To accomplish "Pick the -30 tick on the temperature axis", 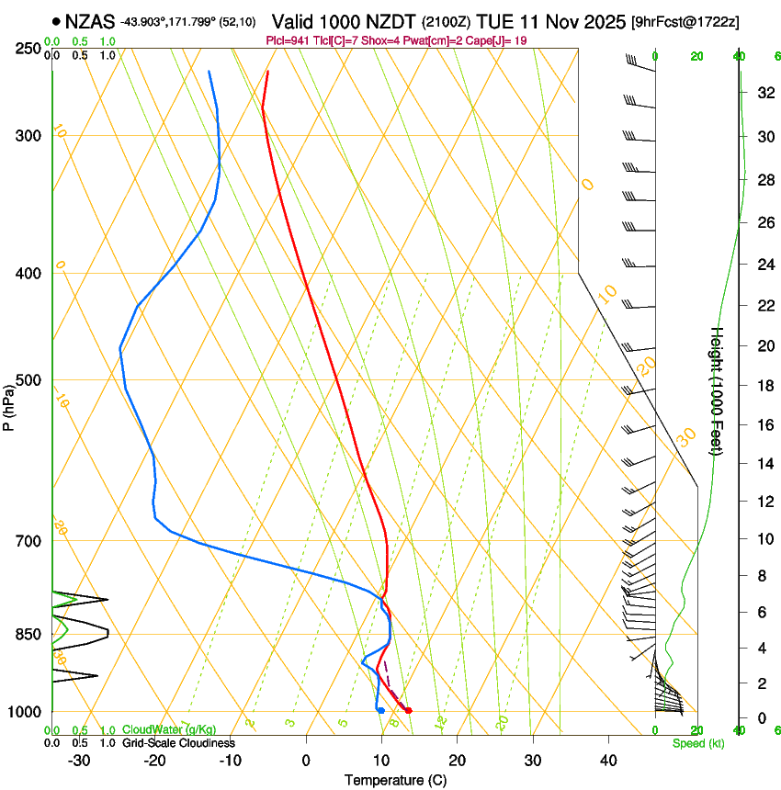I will coord(78,761).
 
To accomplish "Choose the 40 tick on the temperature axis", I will coord(608,761).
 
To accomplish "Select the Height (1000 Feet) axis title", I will coord(718,390).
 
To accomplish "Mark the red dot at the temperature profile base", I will coord(409,710).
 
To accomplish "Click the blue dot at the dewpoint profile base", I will coord(380,710).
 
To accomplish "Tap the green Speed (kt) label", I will coord(697,743).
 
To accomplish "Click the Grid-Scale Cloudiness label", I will coord(178,743).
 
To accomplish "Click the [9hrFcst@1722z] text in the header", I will coord(685,21).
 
